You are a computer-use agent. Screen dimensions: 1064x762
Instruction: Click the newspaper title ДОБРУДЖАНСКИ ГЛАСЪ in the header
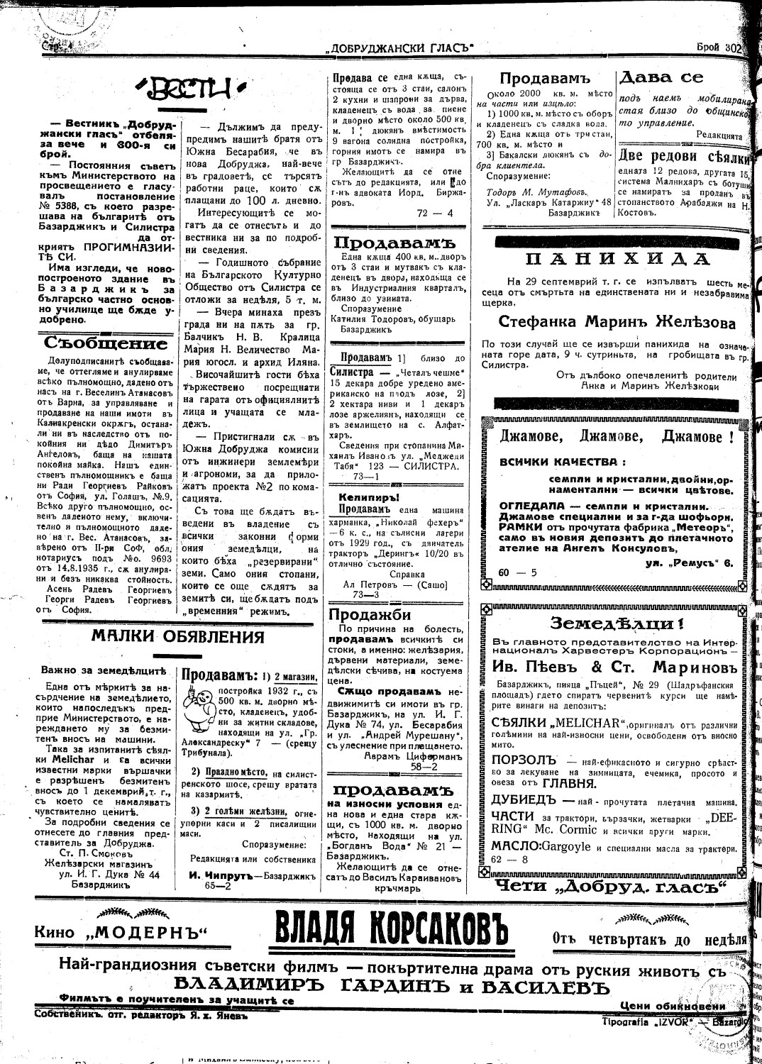tap(398, 48)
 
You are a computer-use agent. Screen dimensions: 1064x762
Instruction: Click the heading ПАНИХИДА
tap(617, 258)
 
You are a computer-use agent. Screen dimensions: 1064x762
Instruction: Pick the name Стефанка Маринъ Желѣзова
tap(617, 321)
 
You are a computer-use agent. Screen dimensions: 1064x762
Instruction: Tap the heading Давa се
tap(661, 77)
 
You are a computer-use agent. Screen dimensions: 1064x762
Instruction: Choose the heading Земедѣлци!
tap(617, 624)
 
